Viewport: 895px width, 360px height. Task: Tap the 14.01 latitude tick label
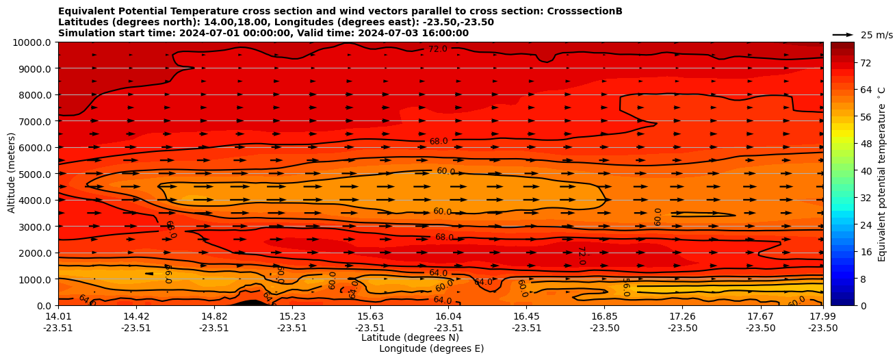(58, 316)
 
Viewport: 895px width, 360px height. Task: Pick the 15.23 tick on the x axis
(292, 316)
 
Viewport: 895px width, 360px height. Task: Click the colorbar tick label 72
(846, 63)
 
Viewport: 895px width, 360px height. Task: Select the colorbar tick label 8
(844, 279)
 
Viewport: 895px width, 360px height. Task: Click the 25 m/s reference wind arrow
(842, 35)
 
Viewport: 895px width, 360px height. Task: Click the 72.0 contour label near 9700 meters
(438, 49)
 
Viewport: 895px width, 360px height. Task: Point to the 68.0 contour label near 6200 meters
(439, 142)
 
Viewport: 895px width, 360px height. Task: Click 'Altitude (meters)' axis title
(12, 174)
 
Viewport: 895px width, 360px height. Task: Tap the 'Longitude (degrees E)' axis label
(431, 348)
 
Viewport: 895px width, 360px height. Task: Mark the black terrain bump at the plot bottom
(250, 303)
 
